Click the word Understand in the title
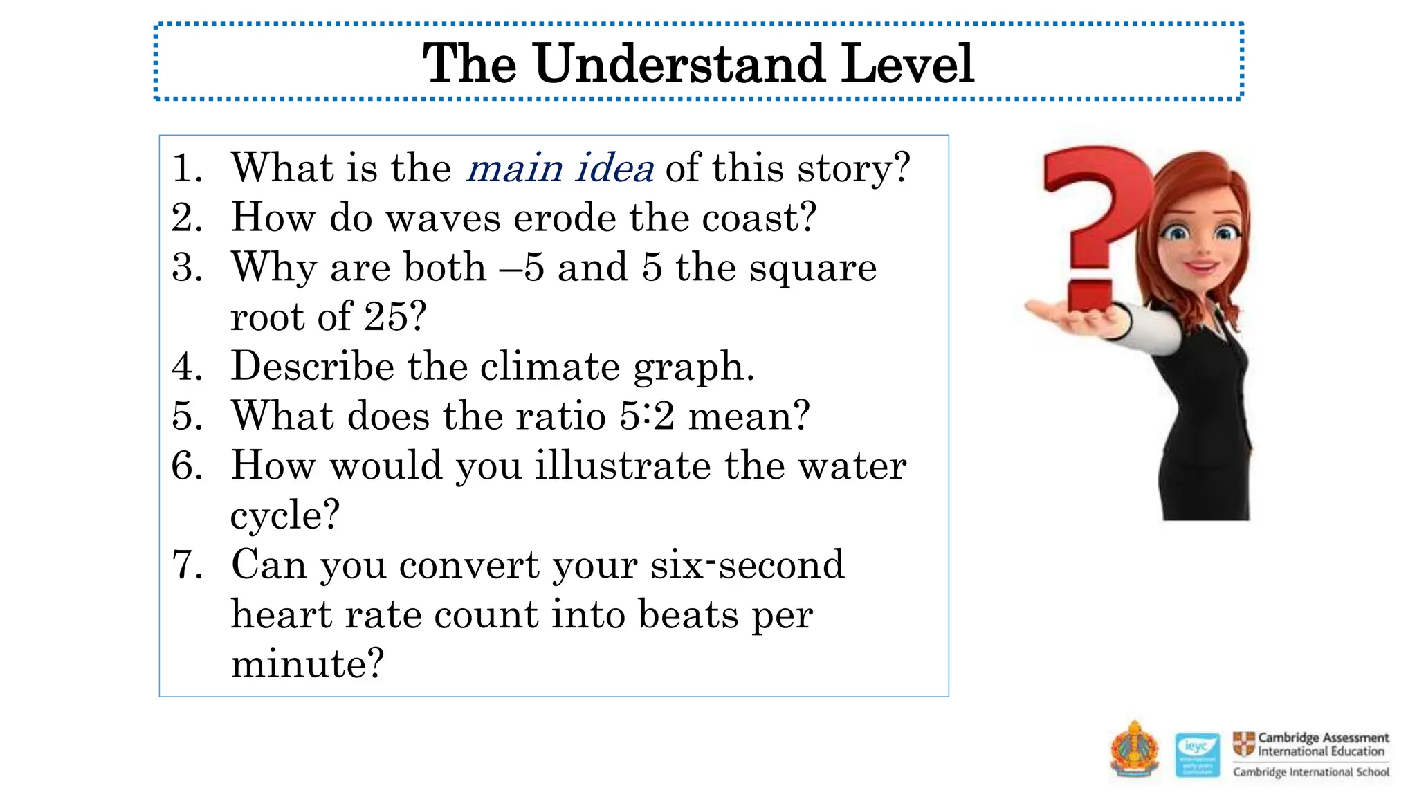pyautogui.click(x=679, y=64)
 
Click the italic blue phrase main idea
pyautogui.click(x=560, y=168)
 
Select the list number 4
pyautogui.click(x=187, y=366)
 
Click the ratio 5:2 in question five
pyautogui.click(x=646, y=416)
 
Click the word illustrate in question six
pyautogui.click(x=623, y=466)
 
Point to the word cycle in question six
pyautogui.click(x=284, y=515)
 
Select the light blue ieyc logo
pyautogui.click(x=1197, y=755)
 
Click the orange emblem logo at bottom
pyautogui.click(x=1135, y=750)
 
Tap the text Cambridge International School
pyautogui.click(x=1311, y=772)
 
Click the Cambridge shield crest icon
pyautogui.click(x=1243, y=744)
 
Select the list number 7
pyautogui.click(x=187, y=565)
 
